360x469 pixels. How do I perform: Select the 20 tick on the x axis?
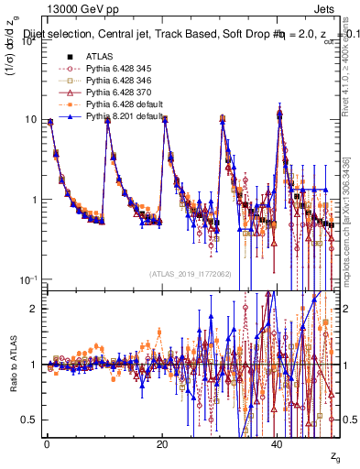point(162,442)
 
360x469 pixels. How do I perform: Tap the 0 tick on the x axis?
point(47,442)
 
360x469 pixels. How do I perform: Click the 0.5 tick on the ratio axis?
point(33,419)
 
